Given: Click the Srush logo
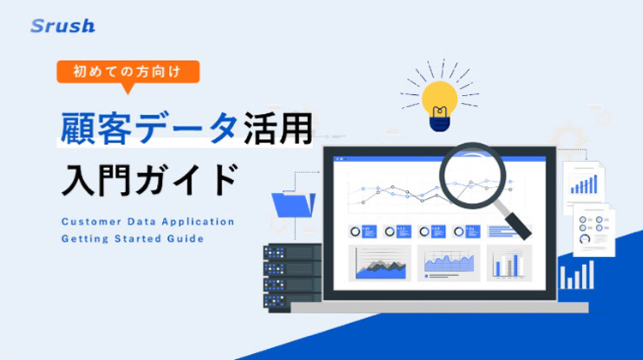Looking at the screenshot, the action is [x=63, y=26].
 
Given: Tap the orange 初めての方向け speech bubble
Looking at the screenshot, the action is [x=128, y=73].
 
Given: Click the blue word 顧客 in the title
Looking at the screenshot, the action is [x=96, y=129].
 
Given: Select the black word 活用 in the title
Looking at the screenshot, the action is [x=278, y=129].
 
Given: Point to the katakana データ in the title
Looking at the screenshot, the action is [x=187, y=129].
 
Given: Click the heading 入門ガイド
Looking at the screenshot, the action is [x=150, y=180].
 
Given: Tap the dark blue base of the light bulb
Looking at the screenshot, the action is [x=440, y=124].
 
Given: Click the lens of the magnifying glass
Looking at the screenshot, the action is [x=472, y=175].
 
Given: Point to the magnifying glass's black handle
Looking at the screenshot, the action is [x=518, y=225].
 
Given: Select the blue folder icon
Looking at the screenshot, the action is [x=293, y=204].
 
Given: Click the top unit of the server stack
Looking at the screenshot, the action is [x=292, y=252].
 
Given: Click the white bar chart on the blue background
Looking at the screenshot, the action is [x=577, y=275].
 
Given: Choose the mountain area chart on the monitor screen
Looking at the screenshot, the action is [x=380, y=263].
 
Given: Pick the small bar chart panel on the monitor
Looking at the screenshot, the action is [x=509, y=263].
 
